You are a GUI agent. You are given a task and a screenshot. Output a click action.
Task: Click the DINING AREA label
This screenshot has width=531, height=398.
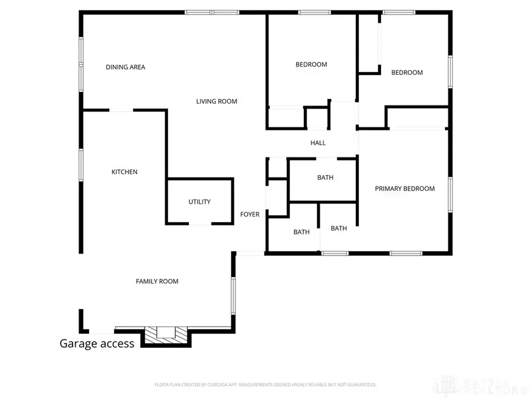click(x=125, y=67)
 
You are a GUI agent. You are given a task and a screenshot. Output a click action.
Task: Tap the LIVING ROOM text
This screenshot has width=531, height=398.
click(x=217, y=101)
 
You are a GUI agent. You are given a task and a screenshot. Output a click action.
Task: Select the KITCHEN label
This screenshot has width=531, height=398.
click(x=124, y=172)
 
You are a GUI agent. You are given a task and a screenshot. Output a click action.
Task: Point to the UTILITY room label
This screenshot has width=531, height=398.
click(x=199, y=202)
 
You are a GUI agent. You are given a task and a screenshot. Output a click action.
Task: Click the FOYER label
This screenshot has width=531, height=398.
click(x=250, y=215)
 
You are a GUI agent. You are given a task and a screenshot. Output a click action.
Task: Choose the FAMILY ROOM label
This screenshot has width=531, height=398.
click(x=157, y=281)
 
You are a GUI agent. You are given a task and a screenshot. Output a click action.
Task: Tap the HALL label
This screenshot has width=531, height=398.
click(x=318, y=143)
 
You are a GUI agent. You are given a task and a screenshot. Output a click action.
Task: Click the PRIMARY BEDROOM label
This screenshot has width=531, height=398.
click(x=405, y=189)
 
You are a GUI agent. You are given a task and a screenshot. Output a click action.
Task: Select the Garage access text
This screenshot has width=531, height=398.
click(x=97, y=343)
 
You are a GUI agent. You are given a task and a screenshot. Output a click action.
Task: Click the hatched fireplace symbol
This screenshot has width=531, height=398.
click(x=166, y=334)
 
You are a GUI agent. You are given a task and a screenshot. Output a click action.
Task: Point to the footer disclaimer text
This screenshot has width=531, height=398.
click(x=265, y=384)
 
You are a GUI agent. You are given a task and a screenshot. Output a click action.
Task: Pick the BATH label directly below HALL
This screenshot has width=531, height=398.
click(x=325, y=177)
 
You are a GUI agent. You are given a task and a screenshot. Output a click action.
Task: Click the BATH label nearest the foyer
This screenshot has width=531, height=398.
click(x=301, y=232)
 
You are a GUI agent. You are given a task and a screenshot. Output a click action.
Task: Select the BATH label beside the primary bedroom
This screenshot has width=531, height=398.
click(x=339, y=228)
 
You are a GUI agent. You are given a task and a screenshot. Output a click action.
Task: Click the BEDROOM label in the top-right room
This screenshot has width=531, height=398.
click(x=407, y=73)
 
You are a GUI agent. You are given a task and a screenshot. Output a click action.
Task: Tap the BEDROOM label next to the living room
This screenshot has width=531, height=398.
click(x=311, y=64)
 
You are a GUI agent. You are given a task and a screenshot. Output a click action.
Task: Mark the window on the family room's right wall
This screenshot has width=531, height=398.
click(x=234, y=295)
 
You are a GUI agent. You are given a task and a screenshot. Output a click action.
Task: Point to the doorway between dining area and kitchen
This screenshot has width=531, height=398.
click(x=122, y=110)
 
